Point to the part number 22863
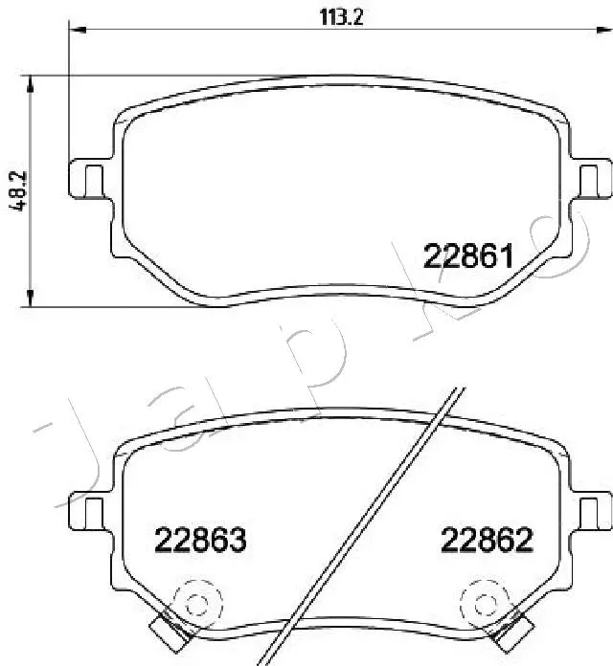[x=201, y=541]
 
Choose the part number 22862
[x=487, y=541]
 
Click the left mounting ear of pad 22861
[x=88, y=179]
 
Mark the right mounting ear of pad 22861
[x=593, y=179]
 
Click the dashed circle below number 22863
[x=198, y=603]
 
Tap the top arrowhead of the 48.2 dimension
[x=33, y=83]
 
